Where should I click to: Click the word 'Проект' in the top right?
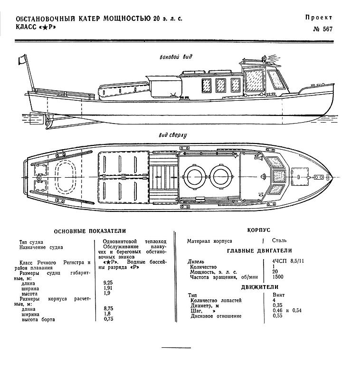(319, 18)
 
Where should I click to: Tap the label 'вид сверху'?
(172, 135)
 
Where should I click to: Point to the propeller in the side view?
(47, 120)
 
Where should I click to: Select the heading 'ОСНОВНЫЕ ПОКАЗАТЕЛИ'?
(90, 231)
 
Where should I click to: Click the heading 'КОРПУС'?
(259, 230)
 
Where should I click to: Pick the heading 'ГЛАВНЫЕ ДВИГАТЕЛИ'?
(259, 251)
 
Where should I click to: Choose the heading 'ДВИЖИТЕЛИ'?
(259, 287)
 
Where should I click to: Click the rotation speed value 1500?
(278, 277)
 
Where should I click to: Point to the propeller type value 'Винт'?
(278, 295)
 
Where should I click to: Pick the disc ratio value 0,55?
(278, 316)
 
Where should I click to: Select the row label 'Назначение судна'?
(41, 247)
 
